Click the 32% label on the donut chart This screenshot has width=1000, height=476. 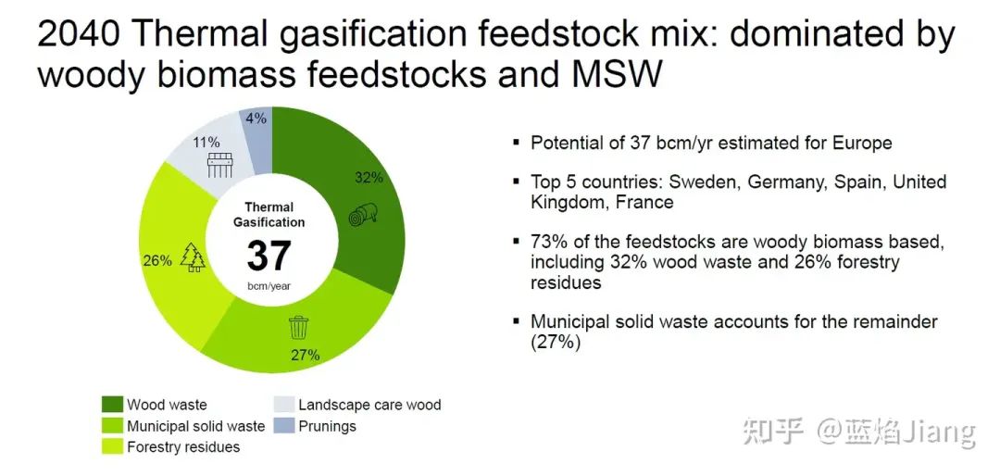tap(369, 178)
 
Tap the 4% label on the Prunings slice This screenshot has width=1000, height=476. tap(256, 118)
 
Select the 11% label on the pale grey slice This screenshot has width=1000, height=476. tap(207, 143)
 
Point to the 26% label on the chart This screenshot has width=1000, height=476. tap(156, 261)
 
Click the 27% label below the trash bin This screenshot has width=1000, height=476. tap(305, 355)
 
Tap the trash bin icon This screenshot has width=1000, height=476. tap(298, 327)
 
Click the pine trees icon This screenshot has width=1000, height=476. tap(194, 257)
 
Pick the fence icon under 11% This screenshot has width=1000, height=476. tap(219, 165)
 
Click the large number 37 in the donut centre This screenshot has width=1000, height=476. tap(269, 256)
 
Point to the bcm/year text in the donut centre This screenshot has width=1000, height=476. tap(269, 286)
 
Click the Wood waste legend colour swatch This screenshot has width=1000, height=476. tap(112, 405)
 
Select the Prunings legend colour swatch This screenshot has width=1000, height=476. tap(283, 426)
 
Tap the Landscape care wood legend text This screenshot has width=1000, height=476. tap(369, 405)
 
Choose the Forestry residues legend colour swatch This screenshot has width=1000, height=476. tap(112, 446)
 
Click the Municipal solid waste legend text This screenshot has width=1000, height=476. tap(195, 426)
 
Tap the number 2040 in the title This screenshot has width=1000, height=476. tap(79, 34)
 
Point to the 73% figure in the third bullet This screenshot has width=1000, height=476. tap(547, 243)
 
